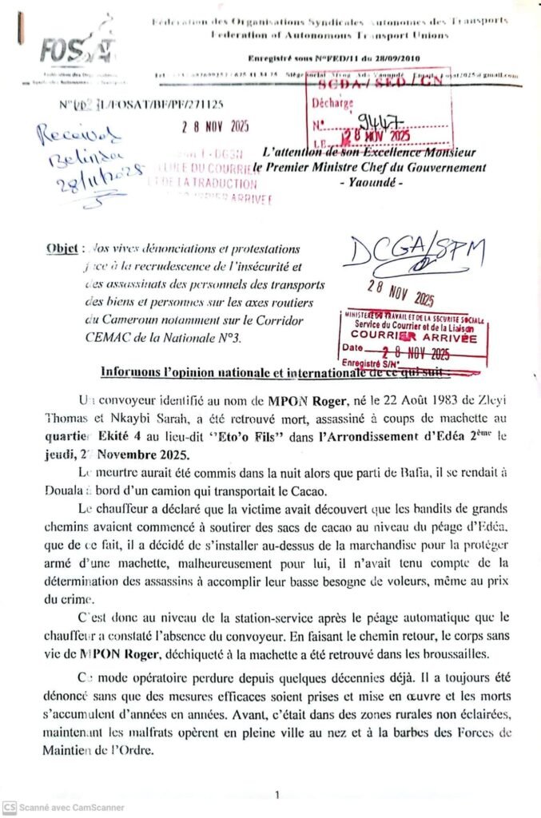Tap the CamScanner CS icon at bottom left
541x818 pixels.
click(9, 808)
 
